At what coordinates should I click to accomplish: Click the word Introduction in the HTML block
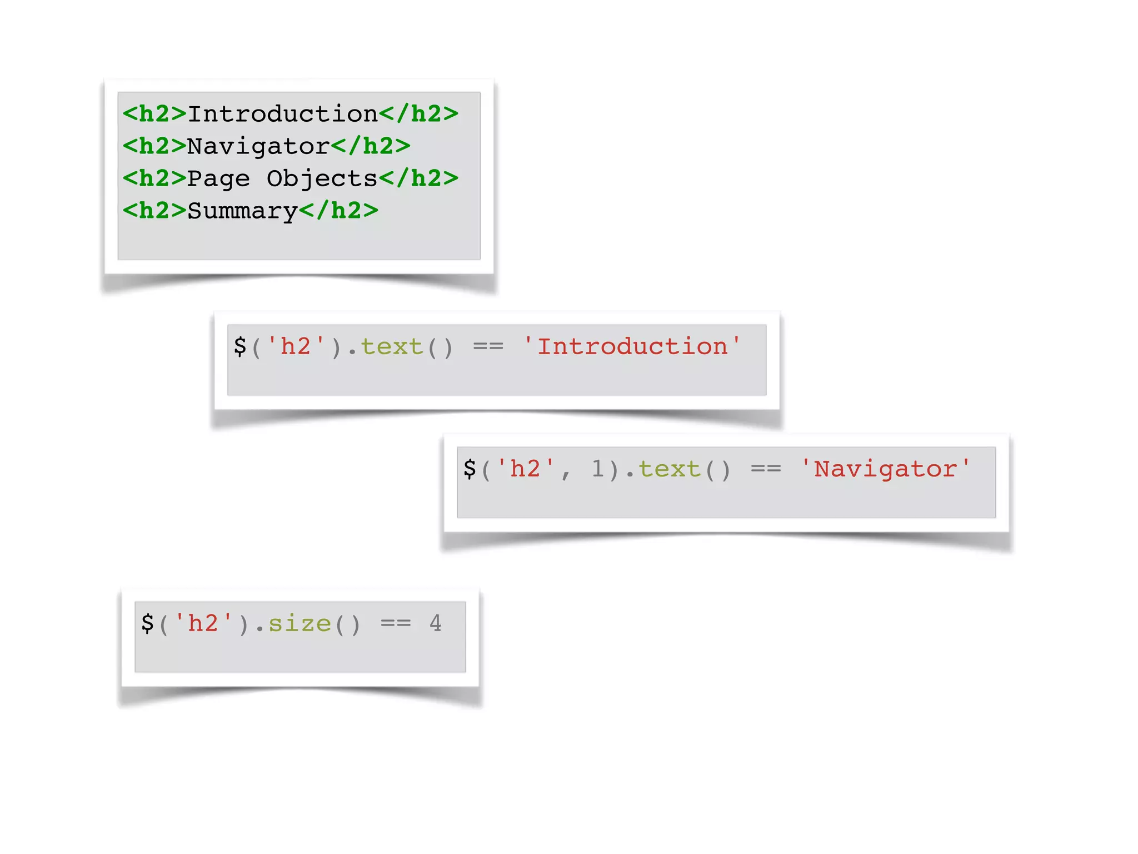point(283,114)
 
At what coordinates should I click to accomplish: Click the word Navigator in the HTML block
point(258,146)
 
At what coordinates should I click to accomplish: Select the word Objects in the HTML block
point(322,178)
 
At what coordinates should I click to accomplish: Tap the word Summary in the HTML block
point(243,211)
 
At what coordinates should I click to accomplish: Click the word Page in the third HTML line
point(218,179)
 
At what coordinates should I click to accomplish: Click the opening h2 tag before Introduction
point(154,114)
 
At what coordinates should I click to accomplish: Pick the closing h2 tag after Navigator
point(371,146)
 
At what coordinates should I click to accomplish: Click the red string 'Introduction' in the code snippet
point(632,346)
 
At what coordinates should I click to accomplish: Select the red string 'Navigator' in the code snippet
point(886,469)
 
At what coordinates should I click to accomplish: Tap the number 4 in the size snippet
point(435,623)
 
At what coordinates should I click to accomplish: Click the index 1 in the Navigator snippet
point(597,469)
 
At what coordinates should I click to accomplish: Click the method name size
point(300,623)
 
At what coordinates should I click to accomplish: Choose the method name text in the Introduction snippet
point(392,346)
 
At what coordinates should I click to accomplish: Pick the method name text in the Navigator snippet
point(669,469)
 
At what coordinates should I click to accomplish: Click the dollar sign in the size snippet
point(147,623)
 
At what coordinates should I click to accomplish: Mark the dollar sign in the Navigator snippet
point(470,469)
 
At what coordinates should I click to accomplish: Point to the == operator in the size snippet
point(396,623)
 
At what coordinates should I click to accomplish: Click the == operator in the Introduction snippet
point(488,346)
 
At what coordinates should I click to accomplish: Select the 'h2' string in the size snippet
point(203,623)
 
